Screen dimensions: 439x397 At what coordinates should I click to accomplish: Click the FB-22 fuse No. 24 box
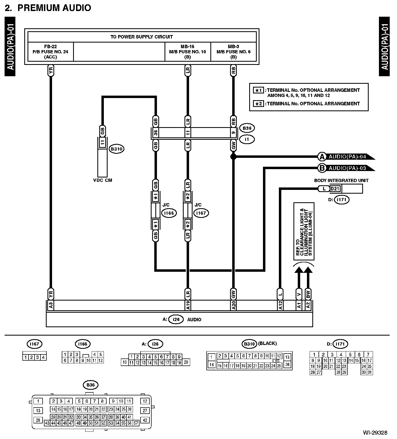pyautogui.click(x=50, y=51)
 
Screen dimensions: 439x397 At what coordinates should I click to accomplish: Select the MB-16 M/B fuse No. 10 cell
pyautogui.click(x=187, y=51)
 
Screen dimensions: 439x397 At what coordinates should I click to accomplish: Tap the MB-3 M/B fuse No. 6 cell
pyautogui.click(x=233, y=51)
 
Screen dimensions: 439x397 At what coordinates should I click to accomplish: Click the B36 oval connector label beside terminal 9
pyautogui.click(x=247, y=128)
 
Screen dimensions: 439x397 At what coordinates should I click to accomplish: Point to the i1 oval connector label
pyautogui.click(x=247, y=139)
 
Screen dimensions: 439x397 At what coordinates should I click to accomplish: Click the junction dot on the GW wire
pyautogui.click(x=233, y=156)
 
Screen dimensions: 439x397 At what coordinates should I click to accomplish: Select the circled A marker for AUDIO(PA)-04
pyautogui.click(x=321, y=156)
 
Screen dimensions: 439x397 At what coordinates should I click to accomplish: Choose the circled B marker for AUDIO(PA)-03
pyautogui.click(x=321, y=168)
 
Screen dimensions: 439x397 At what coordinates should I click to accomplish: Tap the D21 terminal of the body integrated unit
pyautogui.click(x=335, y=189)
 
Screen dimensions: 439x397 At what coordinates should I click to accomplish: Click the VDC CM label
pyautogui.click(x=101, y=180)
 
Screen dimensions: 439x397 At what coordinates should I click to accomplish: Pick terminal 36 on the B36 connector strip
pyautogui.click(x=155, y=133)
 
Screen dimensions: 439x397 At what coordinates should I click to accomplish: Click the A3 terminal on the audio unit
pyautogui.click(x=50, y=306)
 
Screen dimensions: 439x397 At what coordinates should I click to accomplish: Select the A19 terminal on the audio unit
pyautogui.click(x=188, y=306)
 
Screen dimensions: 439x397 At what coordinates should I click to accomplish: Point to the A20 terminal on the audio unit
pyautogui.click(x=234, y=306)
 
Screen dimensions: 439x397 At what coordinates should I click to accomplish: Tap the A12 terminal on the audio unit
pyautogui.click(x=280, y=306)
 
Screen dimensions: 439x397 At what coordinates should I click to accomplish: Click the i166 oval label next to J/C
pyautogui.click(x=169, y=213)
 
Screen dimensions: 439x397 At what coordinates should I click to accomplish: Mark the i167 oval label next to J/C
pyautogui.click(x=201, y=213)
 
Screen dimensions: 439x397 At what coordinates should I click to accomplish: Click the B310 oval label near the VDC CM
pyautogui.click(x=116, y=149)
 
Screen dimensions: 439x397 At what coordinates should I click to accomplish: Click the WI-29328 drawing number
pyautogui.click(x=375, y=433)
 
